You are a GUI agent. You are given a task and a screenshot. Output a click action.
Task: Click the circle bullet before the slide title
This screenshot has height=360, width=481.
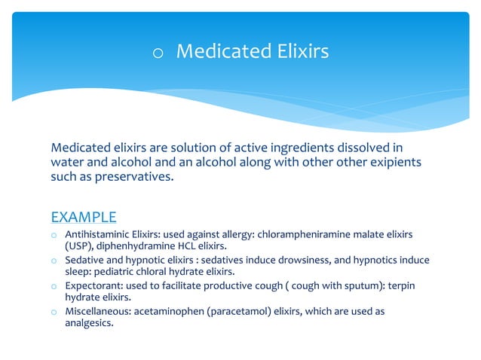[x=158, y=53]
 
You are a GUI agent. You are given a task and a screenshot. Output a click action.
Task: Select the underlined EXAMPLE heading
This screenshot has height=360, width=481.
[x=84, y=218]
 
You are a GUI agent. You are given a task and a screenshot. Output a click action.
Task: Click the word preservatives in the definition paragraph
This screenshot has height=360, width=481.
[x=145, y=178]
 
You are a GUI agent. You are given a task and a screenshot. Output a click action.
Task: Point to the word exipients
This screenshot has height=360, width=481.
[x=386, y=163]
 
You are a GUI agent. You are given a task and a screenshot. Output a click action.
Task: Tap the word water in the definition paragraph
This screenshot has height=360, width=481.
[x=67, y=163]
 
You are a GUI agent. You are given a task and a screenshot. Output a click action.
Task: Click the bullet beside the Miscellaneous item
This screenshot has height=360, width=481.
[x=54, y=311]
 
